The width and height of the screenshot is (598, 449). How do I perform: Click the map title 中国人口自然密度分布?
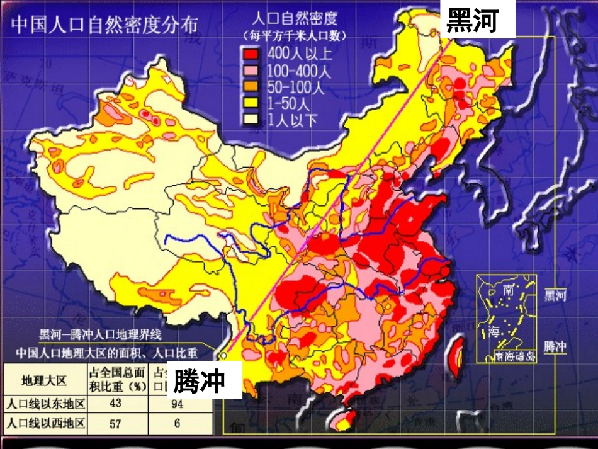coord(104,24)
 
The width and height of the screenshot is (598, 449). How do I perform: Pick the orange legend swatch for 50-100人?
coord(253,87)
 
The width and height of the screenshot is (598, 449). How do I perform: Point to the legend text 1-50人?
coord(288,103)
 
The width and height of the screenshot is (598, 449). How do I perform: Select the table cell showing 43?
coord(115,403)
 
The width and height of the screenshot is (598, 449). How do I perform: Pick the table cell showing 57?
coord(115,424)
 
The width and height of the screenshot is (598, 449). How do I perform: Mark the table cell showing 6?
coord(178,424)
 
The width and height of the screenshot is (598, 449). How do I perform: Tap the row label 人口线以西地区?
coord(45,424)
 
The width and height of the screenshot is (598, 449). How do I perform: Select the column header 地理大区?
coord(45,380)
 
